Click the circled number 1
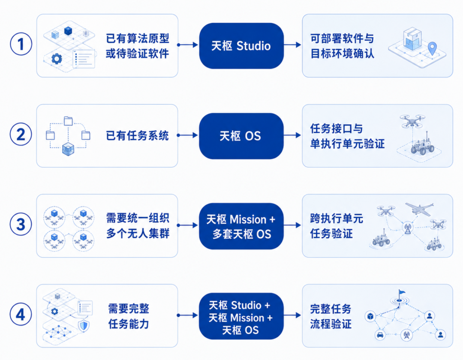(x=21, y=44)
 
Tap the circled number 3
(x=21, y=224)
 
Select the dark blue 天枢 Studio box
(x=241, y=46)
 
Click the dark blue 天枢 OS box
(x=241, y=136)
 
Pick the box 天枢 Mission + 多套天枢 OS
(x=241, y=226)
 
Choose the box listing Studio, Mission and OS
(x=241, y=316)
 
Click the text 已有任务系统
(x=137, y=136)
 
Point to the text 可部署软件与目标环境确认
(x=342, y=46)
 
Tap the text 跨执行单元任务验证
(x=337, y=226)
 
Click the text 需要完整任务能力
(x=129, y=316)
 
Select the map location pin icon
(x=432, y=48)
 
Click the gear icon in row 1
(x=57, y=59)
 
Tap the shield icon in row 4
(x=84, y=326)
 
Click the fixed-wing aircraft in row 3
(x=419, y=209)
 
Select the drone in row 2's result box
(x=412, y=121)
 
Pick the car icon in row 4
(x=380, y=335)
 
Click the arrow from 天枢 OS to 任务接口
(x=292, y=135)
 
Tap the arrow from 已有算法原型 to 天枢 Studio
(x=187, y=45)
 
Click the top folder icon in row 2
(x=68, y=121)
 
